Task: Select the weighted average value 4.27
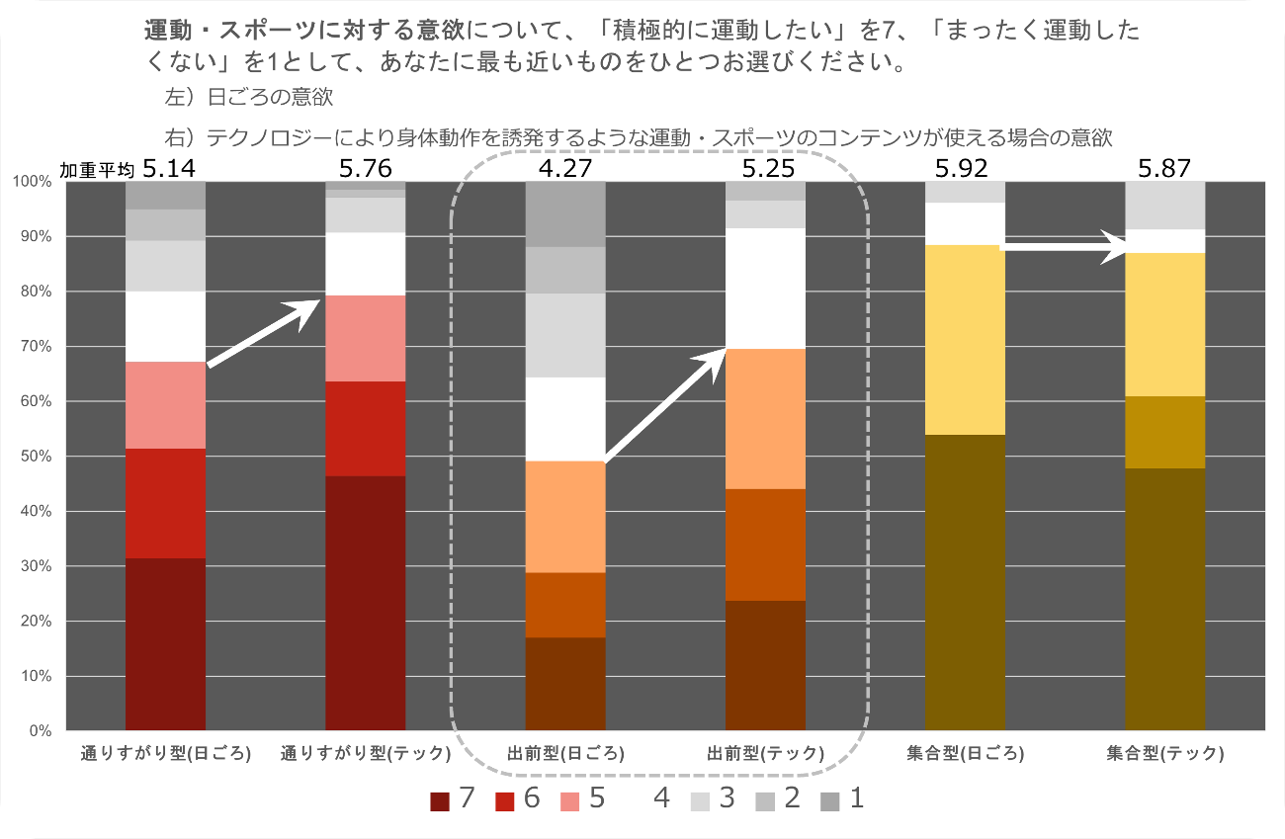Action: [x=564, y=168]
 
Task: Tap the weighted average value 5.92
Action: [x=964, y=168]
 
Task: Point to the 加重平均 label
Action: [x=97, y=170]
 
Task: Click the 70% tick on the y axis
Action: [x=38, y=347]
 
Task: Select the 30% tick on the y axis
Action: [x=38, y=566]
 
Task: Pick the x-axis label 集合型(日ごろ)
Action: [x=965, y=753]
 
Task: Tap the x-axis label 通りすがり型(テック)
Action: [x=366, y=753]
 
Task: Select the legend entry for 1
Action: [x=844, y=798]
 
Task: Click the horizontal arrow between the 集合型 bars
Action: [x=1066, y=247]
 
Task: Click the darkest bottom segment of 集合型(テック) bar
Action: [x=1165, y=599]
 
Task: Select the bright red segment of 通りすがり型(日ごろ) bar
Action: [x=165, y=503]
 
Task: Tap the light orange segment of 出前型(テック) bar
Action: [x=765, y=419]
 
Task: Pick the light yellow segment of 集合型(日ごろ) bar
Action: [x=965, y=340]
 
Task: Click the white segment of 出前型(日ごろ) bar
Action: [x=565, y=419]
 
